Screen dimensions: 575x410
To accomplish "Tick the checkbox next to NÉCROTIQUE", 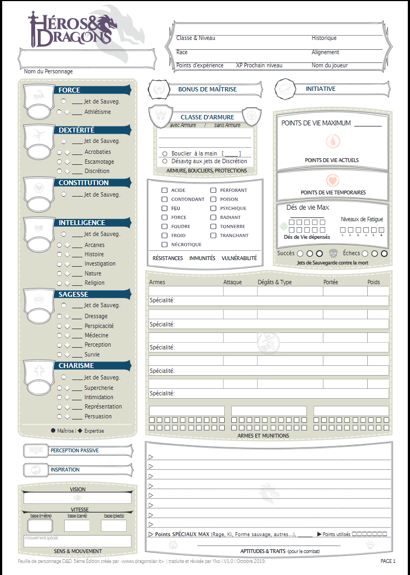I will point(164,244).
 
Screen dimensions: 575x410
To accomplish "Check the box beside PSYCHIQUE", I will point(214,208).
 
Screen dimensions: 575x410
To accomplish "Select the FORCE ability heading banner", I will point(70,90).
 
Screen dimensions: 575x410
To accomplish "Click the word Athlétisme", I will point(98,112).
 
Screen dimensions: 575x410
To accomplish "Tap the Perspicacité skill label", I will point(99,326).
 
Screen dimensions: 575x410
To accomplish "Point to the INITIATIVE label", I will point(321,89).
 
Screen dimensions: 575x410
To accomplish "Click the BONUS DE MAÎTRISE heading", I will point(208,89).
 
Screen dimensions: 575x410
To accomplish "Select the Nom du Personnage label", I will point(48,72).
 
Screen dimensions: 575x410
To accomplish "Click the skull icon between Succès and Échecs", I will point(333,254).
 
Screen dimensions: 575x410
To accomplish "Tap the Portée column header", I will point(331,282).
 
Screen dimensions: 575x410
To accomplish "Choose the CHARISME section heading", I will point(76,366).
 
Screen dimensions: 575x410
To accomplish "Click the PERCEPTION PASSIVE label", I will point(75,451).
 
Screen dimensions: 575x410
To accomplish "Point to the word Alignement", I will point(326,53).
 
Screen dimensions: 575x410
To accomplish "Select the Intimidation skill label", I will point(99,398).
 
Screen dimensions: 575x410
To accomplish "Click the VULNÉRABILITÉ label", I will point(238,258).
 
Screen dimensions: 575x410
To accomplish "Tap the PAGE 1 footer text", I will point(388,561).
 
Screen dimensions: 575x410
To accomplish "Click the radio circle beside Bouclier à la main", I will point(165,154).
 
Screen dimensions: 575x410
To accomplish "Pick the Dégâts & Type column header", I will point(275,282).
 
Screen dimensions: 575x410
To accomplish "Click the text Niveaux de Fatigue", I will point(362,219).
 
